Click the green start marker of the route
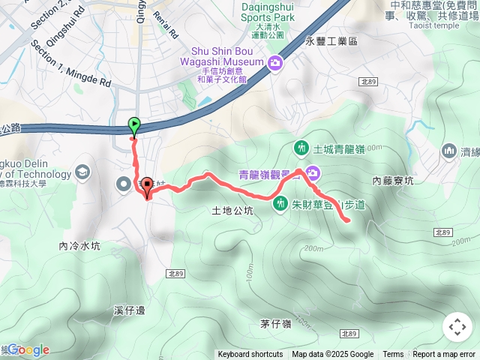[134, 125]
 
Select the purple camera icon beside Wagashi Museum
[275, 62]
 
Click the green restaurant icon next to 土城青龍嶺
[301, 148]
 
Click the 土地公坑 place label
[232, 211]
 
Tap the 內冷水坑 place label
[79, 246]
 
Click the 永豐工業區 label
[331, 43]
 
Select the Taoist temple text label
[434, 25]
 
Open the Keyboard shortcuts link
[250, 355]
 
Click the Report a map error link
[444, 355]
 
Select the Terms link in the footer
[393, 355]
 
